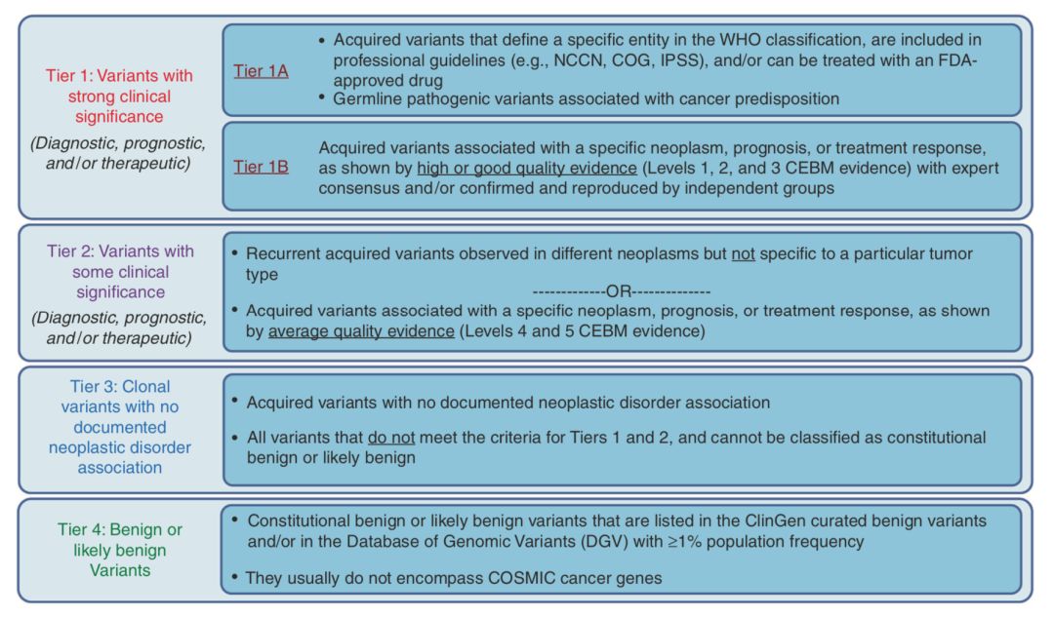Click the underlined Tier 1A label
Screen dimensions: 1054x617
pos(261,70)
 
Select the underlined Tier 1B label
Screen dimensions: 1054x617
pos(261,166)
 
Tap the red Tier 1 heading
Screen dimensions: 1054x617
pos(119,96)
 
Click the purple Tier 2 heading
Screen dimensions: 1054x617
pos(119,271)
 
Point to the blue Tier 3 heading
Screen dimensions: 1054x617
pos(119,427)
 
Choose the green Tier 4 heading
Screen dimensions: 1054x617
pos(119,550)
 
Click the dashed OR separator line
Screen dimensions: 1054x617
pos(622,292)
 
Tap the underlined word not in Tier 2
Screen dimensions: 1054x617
pos(746,254)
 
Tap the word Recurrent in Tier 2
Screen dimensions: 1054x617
pos(283,254)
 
